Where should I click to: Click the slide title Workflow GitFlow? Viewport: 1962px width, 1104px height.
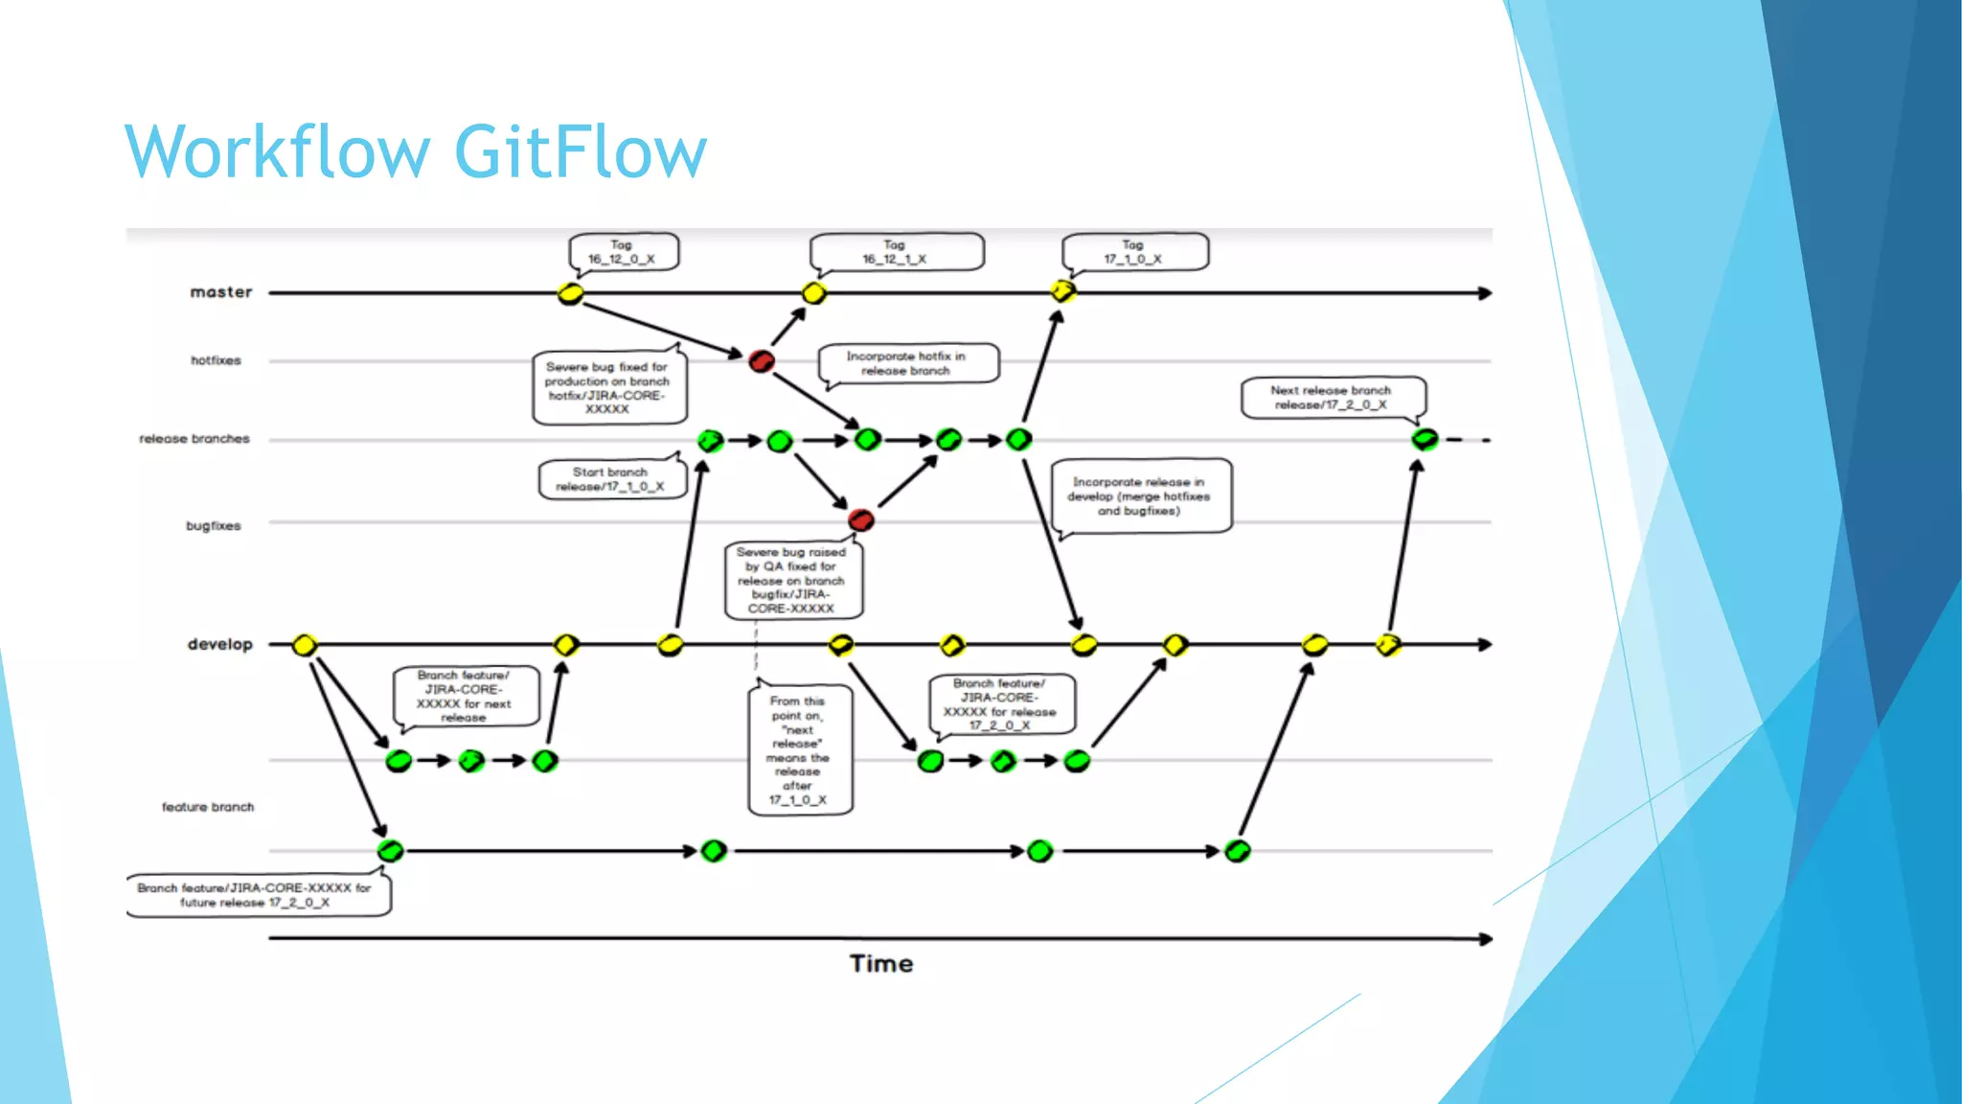point(415,151)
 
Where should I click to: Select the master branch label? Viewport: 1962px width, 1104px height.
point(220,292)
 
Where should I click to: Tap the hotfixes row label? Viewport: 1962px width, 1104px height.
point(216,360)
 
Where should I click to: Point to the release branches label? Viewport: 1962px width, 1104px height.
point(194,439)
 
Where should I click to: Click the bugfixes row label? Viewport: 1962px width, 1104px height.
point(213,526)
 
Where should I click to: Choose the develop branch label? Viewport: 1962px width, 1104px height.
point(219,644)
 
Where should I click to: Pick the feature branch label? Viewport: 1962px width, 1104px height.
point(208,807)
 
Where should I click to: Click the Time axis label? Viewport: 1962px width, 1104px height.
point(880,964)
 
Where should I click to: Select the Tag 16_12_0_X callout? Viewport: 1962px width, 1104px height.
point(623,253)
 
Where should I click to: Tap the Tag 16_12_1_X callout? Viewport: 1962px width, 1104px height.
point(895,253)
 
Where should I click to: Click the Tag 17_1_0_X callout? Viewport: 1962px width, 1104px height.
point(1133,253)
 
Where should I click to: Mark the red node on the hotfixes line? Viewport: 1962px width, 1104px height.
point(762,361)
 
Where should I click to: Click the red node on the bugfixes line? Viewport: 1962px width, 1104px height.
point(860,520)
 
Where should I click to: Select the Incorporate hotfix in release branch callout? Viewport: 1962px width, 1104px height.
point(906,364)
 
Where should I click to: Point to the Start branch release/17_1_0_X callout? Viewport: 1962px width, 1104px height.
point(611,479)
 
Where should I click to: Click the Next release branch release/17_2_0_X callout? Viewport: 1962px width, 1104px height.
point(1332,398)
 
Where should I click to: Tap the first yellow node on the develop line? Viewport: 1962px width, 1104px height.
point(305,645)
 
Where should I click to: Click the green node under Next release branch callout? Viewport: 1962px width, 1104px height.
point(1425,440)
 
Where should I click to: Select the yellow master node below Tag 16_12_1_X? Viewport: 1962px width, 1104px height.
point(814,293)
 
